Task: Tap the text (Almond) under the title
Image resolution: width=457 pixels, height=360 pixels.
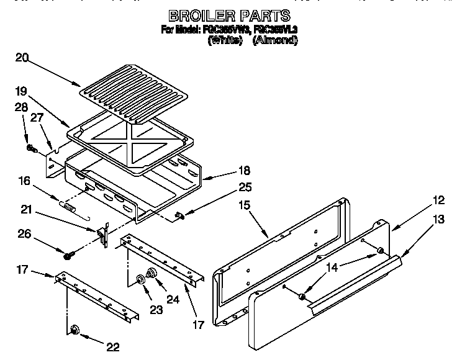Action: click(x=275, y=40)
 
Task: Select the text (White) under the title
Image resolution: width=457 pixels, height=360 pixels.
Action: click(x=224, y=40)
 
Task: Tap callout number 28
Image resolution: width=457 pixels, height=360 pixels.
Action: click(x=20, y=107)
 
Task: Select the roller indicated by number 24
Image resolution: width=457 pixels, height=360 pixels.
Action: click(x=151, y=274)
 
